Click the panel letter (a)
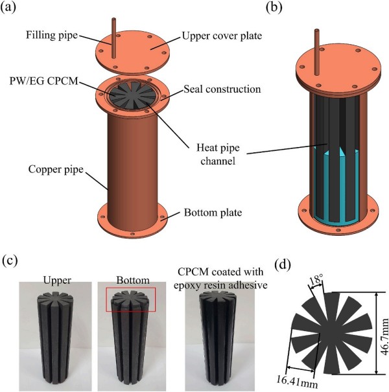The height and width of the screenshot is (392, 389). coord(14,9)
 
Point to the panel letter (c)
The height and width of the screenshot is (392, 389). coord(14,261)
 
